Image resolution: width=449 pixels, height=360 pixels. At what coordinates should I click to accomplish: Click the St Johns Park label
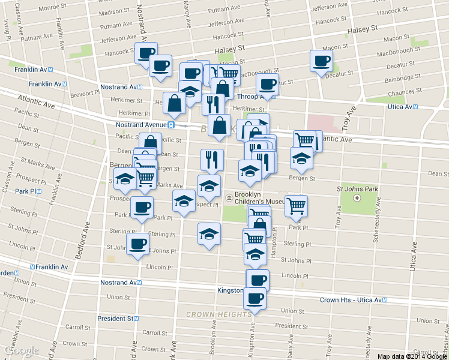(x=357, y=189)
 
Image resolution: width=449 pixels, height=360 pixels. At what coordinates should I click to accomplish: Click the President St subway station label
(x=118, y=319)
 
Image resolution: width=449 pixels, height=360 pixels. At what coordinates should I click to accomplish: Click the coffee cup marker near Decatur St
(x=321, y=61)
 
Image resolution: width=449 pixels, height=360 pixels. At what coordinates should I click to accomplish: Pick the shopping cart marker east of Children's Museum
(x=296, y=205)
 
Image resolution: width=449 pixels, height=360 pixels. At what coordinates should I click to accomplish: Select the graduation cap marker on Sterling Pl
(x=209, y=233)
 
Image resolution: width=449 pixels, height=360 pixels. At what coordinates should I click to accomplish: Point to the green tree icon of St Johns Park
(x=358, y=197)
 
